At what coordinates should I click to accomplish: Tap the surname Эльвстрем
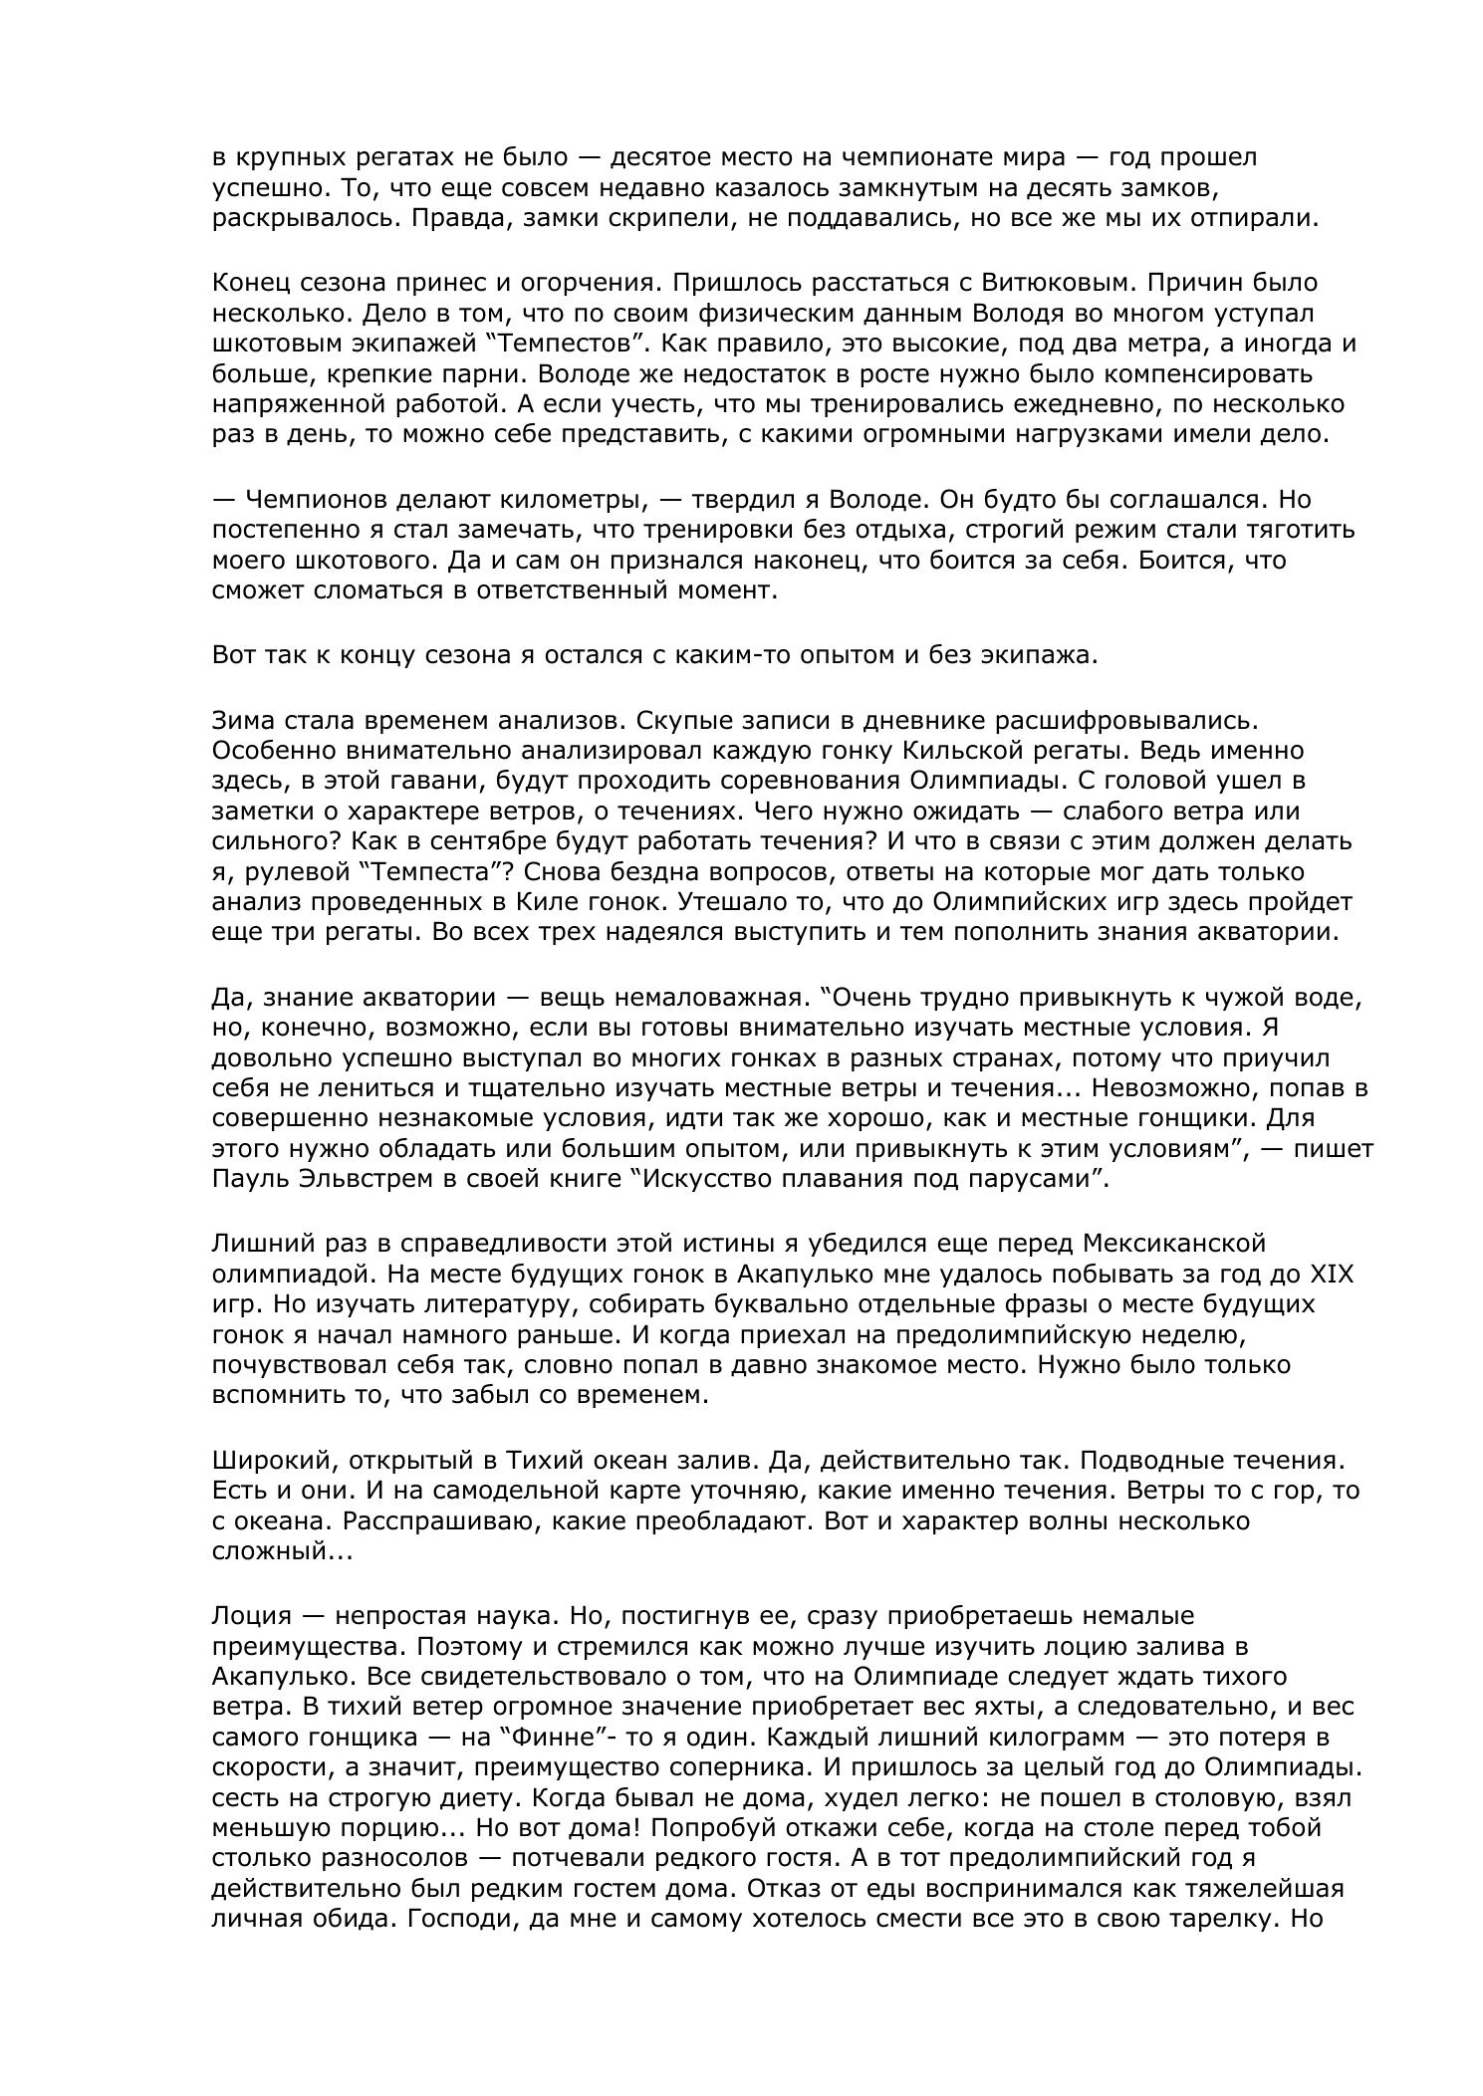pos(372,1180)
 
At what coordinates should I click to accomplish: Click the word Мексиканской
pos(1173,1244)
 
